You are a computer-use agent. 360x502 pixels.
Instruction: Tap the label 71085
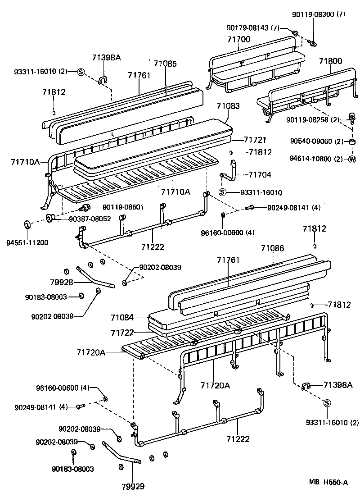pyautogui.click(x=165, y=64)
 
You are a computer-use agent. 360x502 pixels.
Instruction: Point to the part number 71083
pyautogui.click(x=228, y=106)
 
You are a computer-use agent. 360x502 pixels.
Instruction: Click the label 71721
pyautogui.click(x=255, y=140)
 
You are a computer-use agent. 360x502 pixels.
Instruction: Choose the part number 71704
pyautogui.click(x=260, y=174)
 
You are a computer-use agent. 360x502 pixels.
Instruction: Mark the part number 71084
pyautogui.click(x=122, y=318)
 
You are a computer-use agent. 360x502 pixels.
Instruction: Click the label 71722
pyautogui.click(x=122, y=332)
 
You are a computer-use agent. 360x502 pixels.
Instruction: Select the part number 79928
pyautogui.click(x=62, y=283)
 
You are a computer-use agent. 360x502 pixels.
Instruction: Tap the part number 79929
pyautogui.click(x=133, y=486)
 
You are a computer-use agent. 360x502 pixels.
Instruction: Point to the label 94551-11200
pyautogui.click(x=27, y=242)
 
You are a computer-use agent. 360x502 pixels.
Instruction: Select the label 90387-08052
pyautogui.click(x=90, y=219)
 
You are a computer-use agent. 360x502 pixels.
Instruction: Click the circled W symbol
pyautogui.click(x=352, y=159)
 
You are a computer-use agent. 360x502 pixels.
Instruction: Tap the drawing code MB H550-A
pyautogui.click(x=328, y=483)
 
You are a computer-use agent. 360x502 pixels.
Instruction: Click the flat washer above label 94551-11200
pyautogui.click(x=27, y=224)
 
